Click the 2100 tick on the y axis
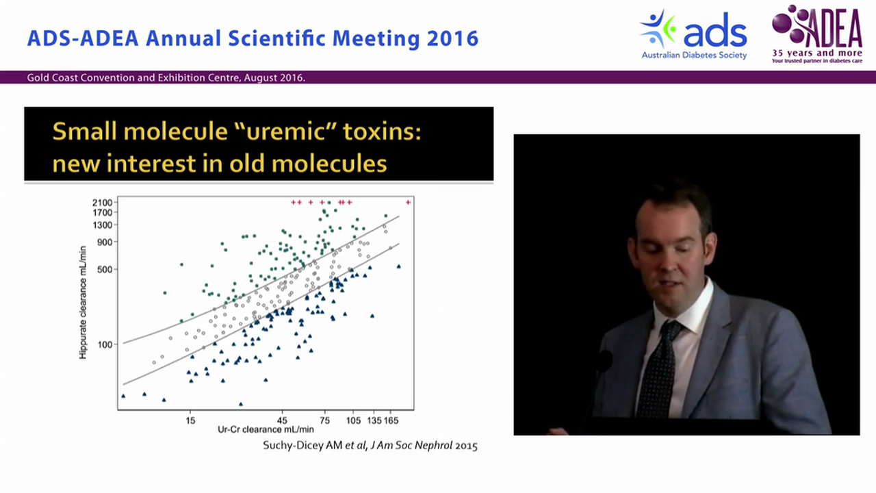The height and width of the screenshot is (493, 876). (103, 203)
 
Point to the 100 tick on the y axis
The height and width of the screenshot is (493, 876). (105, 344)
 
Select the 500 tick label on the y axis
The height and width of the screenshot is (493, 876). (105, 270)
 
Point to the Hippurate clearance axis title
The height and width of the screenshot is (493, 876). (83, 302)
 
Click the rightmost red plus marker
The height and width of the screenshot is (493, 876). (409, 202)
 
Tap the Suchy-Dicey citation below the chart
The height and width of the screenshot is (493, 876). (370, 446)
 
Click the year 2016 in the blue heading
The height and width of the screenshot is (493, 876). (452, 38)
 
